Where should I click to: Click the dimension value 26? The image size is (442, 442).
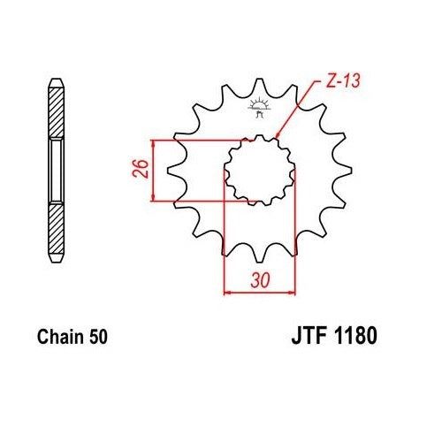tap(140, 170)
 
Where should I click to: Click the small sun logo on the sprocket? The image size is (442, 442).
tap(258, 110)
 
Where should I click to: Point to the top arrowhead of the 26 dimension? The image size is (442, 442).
tap(155, 142)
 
